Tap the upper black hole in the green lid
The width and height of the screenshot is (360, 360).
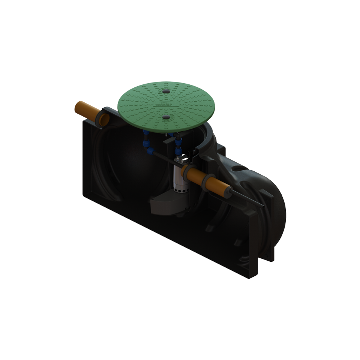click(165, 91)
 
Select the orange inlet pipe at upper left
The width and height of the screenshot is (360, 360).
click(85, 111)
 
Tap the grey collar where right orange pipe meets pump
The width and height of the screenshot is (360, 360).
click(185, 172)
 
